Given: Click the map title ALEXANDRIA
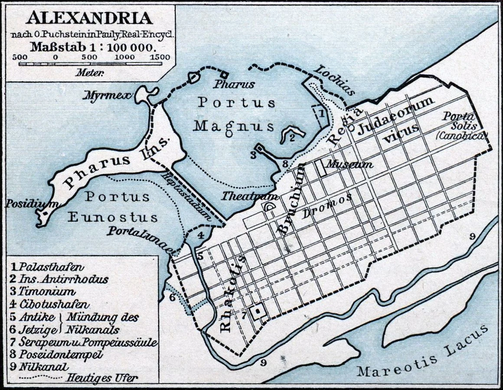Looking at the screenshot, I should (89, 18).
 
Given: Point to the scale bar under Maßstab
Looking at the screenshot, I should (90, 64).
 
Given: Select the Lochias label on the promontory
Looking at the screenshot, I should (335, 80).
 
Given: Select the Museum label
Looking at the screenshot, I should (349, 164).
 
